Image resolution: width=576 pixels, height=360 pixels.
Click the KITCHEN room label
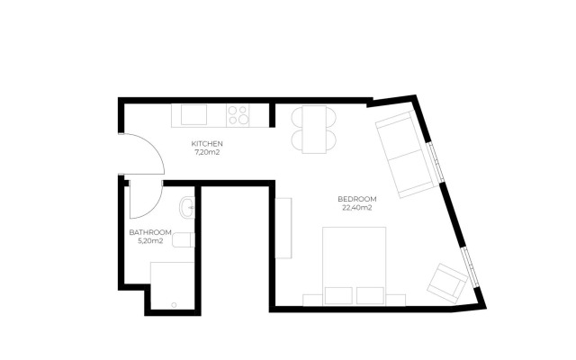[207, 144]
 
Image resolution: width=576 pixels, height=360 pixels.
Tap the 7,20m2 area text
[207, 153]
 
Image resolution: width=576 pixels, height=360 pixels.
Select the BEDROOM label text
[357, 199]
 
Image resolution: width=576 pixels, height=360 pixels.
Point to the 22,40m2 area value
[357, 208]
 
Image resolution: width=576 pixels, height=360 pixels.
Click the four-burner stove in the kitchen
[238, 115]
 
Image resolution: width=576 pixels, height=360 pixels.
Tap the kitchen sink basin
[193, 115]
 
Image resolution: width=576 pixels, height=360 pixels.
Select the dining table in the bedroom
[312, 129]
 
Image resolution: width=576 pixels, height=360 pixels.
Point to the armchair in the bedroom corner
[447, 283]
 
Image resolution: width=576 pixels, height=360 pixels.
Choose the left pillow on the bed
[338, 296]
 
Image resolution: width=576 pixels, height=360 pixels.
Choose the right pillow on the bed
[370, 296]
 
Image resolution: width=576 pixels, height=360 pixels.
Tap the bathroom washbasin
[186, 209]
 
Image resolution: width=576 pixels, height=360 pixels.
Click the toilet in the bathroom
[183, 240]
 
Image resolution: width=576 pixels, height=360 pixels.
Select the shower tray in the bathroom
[172, 284]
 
